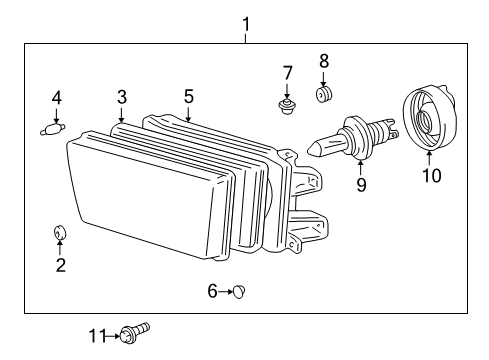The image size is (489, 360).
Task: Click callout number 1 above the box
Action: [x=245, y=23]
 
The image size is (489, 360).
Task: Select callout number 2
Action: [x=61, y=265]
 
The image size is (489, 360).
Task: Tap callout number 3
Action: [x=121, y=97]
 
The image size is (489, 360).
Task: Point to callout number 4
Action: [x=56, y=98]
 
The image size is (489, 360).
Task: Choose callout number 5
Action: [x=188, y=97]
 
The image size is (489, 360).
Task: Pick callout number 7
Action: [x=287, y=72]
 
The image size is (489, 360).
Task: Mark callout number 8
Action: [x=323, y=62]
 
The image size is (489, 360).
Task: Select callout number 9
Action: [x=362, y=184]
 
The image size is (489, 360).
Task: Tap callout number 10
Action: [x=430, y=177]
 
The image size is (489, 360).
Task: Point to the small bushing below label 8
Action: [x=323, y=96]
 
